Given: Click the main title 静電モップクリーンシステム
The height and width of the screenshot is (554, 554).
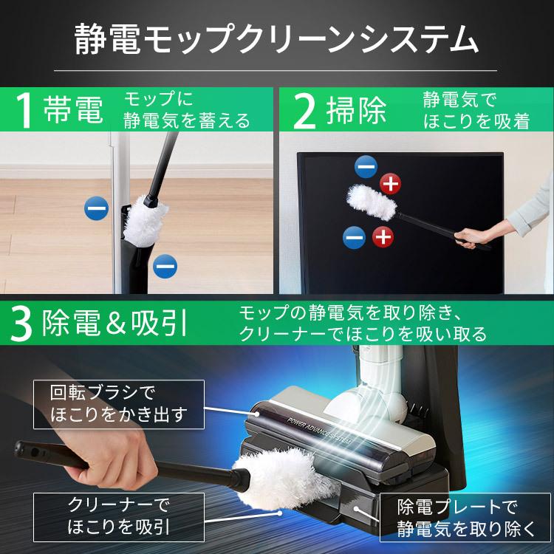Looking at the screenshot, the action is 276,40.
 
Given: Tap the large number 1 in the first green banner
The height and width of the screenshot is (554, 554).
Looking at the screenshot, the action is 24,110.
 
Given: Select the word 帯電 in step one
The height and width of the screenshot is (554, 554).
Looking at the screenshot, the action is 73,110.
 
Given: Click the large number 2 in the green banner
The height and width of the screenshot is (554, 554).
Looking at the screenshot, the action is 304,111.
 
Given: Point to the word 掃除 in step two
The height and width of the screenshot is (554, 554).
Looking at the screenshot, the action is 356,110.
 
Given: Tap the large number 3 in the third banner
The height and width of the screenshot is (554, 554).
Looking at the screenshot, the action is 22,323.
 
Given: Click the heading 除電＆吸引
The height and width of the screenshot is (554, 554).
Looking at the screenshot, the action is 114,323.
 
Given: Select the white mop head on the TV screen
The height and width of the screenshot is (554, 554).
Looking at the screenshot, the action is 372,202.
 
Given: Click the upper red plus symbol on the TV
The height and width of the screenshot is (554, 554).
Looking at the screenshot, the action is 391,184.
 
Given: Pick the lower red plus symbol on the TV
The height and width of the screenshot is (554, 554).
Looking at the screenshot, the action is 383,236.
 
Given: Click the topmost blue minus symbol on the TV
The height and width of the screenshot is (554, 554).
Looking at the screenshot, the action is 366,167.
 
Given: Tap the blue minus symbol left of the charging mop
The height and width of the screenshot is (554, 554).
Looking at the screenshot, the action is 97,208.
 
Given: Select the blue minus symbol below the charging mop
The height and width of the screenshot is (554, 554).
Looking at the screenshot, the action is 165,267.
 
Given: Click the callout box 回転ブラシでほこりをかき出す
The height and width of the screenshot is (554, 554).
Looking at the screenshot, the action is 119,405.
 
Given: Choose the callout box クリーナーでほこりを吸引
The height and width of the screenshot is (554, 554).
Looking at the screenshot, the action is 119,517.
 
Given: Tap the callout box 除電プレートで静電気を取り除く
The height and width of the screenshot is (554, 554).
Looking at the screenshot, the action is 465,517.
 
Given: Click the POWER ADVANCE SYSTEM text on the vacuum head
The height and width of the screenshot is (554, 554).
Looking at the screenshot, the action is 319,431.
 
